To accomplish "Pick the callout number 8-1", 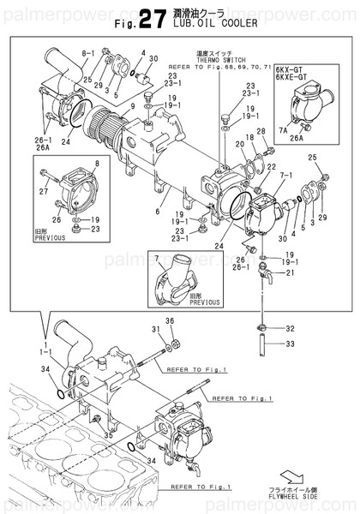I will [87, 53].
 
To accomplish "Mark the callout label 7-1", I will [275, 183].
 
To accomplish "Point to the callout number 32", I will [290, 328].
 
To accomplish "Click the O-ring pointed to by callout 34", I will [57, 395].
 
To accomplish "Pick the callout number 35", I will [108, 433].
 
